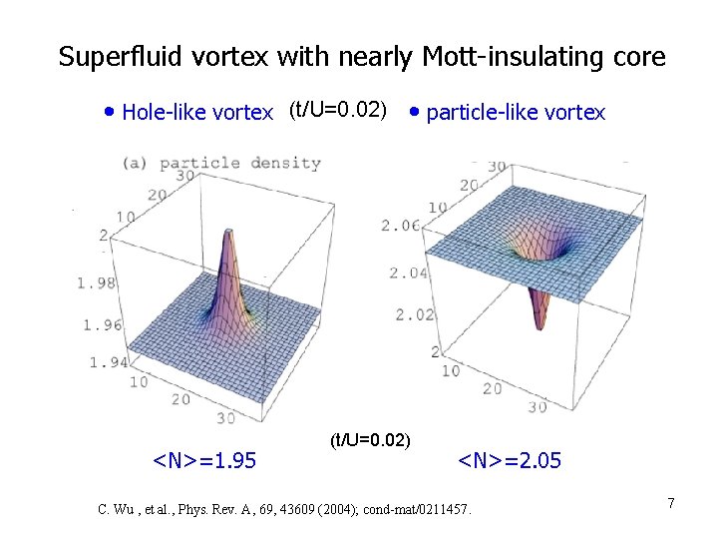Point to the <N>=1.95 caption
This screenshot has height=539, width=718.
(x=203, y=460)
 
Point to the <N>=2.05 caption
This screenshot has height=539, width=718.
(x=509, y=460)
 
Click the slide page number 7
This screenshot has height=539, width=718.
(x=671, y=504)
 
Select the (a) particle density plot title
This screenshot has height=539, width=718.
(x=221, y=163)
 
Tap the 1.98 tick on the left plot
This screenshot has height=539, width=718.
(x=97, y=283)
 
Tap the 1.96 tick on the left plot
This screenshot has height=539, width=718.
(x=102, y=324)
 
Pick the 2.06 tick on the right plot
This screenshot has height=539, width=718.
(x=401, y=227)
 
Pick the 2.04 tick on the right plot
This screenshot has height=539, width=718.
(x=409, y=272)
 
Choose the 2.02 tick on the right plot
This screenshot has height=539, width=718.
(x=416, y=315)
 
